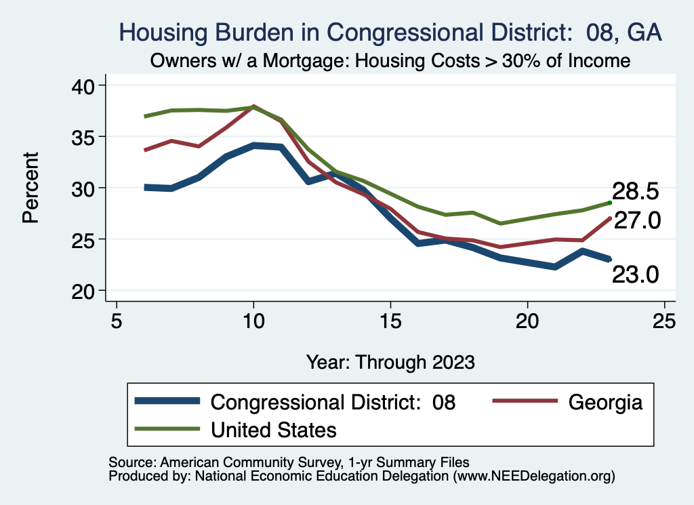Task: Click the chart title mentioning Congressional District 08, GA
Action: [x=390, y=32]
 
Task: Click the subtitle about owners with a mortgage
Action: [x=390, y=61]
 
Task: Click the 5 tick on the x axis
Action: [x=117, y=319]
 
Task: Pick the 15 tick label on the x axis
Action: [x=390, y=319]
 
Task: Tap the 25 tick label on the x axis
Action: [x=664, y=319]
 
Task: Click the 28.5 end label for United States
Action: [x=635, y=191]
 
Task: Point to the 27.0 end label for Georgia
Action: [x=637, y=221]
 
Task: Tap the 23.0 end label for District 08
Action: [x=635, y=274]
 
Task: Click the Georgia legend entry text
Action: [x=605, y=402]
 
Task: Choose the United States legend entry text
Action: [x=274, y=429]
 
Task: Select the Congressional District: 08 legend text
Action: [x=333, y=402]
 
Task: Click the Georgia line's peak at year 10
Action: [x=253, y=106]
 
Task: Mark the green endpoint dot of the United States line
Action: [x=610, y=202]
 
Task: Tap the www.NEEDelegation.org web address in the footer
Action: [x=535, y=476]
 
